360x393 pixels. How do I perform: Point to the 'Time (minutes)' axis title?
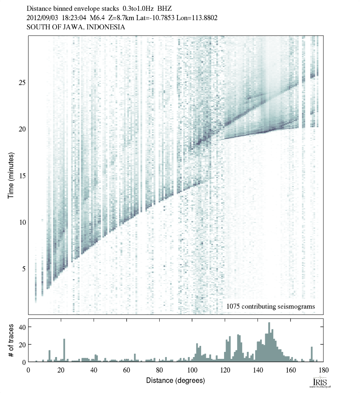point(11,175)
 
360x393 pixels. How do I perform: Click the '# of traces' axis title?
point(11,340)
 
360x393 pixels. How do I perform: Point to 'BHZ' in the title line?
point(165,8)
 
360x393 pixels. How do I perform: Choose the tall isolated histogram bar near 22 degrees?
point(64,350)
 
